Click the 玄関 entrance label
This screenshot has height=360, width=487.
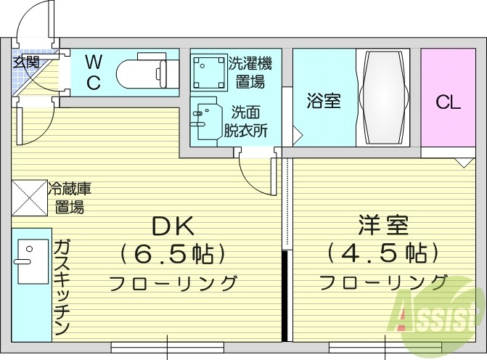tap(27, 62)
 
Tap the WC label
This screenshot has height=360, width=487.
tap(94, 71)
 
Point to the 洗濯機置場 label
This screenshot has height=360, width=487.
tap(247, 71)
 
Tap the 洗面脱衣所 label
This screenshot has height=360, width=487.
tap(245, 121)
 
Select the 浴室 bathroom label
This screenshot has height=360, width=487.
tap(323, 101)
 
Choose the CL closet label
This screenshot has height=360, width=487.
tap(448, 102)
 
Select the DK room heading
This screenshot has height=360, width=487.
tap(172, 226)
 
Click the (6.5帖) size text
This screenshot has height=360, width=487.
tap(172, 253)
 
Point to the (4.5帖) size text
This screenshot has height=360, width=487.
tap(382, 253)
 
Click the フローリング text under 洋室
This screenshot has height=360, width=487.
tap(382, 282)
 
